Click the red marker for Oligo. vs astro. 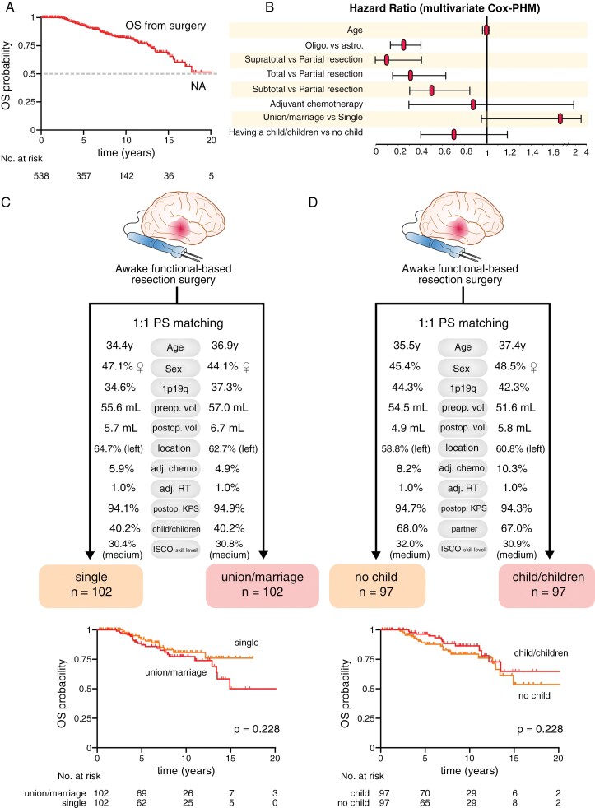coord(404,44)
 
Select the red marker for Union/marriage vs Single coord(560,119)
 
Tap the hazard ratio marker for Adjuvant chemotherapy coord(473,104)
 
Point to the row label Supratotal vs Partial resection coord(303,59)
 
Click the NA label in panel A coord(198,86)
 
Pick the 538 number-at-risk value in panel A coord(41,176)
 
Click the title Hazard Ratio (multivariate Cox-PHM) coord(444,8)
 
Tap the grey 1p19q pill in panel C coord(175,388)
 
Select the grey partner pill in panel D coord(463,528)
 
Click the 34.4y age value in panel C coord(119,346)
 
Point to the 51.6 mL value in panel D coord(516,407)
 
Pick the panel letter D coord(313,202)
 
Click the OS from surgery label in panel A coord(165,26)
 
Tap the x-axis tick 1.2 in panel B coord(509,152)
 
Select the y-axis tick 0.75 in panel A coord(26,45)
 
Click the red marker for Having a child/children coord(453,134)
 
